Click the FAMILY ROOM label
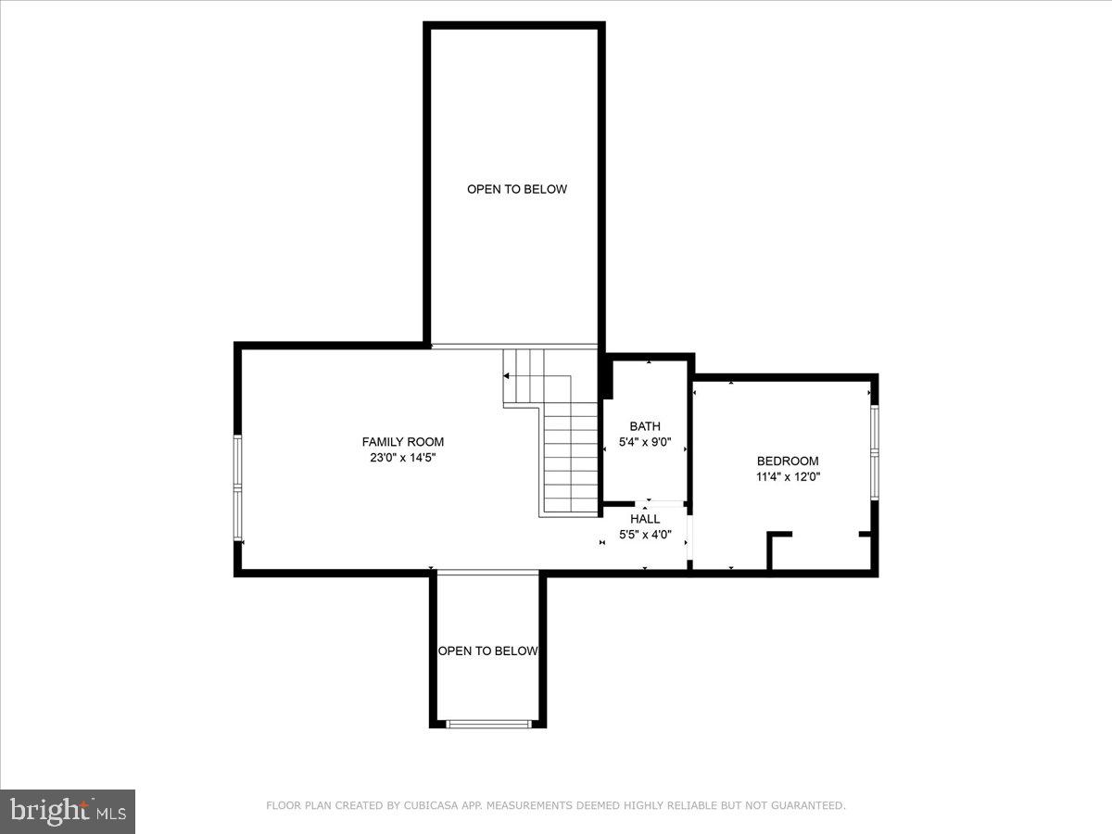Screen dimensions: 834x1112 point(402,442)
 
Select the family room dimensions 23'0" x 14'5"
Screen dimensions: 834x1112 point(402,457)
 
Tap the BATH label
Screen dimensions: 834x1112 point(645,426)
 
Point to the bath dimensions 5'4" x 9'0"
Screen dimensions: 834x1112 point(645,442)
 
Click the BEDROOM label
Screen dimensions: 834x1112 point(788,461)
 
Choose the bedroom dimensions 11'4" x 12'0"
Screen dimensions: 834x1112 point(788,477)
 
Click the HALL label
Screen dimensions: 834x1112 point(645,519)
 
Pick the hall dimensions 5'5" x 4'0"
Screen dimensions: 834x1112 point(645,535)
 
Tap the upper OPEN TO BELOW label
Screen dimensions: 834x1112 point(516,189)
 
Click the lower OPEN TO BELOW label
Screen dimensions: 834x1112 point(487,651)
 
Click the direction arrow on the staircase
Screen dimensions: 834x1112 point(507,376)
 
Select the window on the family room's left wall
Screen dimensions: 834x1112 point(237,487)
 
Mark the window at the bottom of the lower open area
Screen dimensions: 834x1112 point(488,723)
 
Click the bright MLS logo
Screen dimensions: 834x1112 point(68,812)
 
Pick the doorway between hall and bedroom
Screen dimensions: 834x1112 point(689,537)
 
